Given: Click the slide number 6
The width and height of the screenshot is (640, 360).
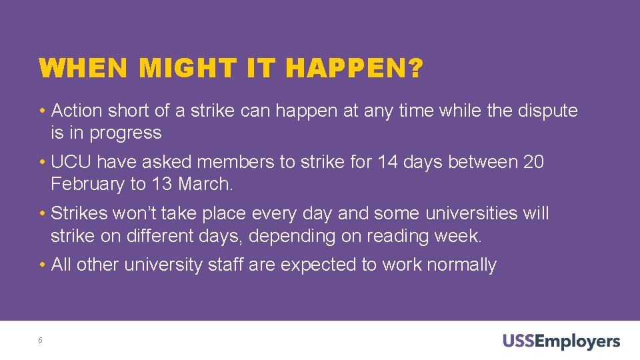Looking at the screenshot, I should [41, 341].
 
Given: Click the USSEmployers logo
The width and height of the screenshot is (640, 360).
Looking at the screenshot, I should [561, 342].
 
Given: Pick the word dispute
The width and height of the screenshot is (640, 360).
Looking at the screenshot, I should [547, 111].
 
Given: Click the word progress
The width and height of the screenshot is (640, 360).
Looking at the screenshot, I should [125, 133].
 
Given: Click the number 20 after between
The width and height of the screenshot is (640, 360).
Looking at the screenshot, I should [533, 162].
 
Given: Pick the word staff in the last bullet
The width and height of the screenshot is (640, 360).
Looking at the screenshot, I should [225, 265].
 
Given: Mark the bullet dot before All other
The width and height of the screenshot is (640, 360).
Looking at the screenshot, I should [43, 265].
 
